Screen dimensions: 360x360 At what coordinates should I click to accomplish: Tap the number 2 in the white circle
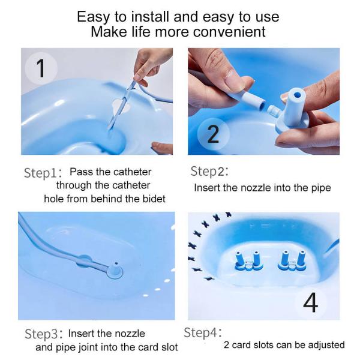point(213,133)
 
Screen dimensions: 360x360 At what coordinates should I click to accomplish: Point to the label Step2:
point(209,172)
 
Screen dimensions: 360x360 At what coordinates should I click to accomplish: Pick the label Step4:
point(203,332)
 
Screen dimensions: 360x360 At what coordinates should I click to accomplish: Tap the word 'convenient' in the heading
point(230,32)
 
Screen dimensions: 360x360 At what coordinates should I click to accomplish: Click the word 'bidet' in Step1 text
point(152,199)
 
